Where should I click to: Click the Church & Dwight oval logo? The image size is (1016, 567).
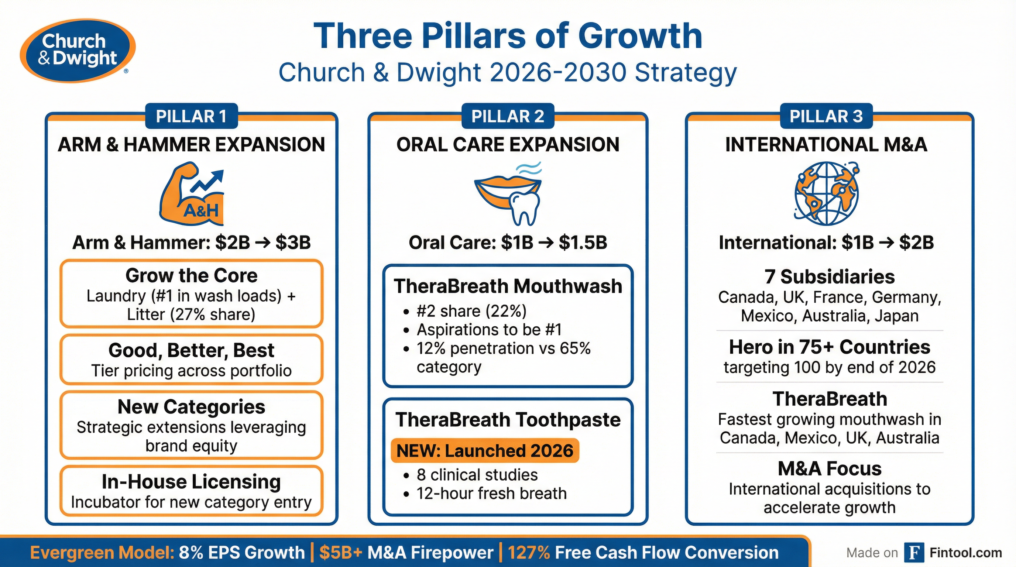78,51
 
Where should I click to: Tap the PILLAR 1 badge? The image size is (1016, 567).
191,116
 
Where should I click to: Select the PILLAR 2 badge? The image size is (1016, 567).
508,116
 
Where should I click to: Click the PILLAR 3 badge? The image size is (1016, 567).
826,116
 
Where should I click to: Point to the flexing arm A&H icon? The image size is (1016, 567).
191,194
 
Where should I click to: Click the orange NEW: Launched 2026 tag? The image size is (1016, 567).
484,451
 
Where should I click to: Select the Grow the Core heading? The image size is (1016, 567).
191,275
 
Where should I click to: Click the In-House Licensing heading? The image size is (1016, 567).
191,481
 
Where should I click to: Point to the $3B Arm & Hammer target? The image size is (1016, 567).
293,243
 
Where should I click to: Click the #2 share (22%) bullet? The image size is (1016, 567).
471,311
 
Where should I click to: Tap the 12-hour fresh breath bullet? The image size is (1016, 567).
491,493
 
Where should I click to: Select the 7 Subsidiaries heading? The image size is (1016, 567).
830,276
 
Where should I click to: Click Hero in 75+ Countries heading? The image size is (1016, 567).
830,347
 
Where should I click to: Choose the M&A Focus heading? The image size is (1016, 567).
830,468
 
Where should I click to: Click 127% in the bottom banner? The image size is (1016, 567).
529,552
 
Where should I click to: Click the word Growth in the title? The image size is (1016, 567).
640,36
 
